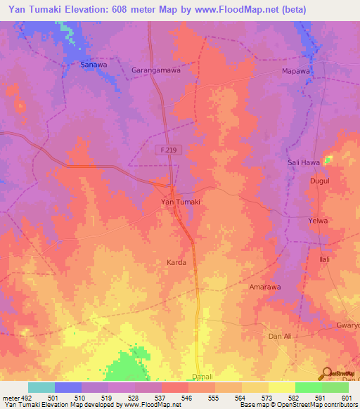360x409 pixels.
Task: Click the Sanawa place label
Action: click(94, 65)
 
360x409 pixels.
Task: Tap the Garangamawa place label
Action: click(156, 70)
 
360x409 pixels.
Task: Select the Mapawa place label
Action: click(295, 72)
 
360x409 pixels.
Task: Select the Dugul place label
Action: click(320, 181)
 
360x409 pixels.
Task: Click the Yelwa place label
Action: click(319, 221)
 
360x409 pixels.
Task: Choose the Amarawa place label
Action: click(266, 287)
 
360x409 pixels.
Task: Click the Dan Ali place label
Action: click(280, 337)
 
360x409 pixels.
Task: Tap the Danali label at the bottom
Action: click(202, 377)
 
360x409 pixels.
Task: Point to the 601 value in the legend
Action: click(345, 397)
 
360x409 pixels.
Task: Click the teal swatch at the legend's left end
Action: click(41, 387)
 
